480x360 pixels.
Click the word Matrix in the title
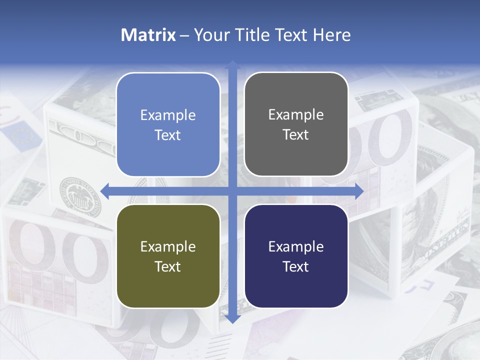point(148,35)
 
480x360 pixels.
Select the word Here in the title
point(331,35)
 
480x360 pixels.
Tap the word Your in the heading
point(210,35)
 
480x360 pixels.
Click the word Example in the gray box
point(296,114)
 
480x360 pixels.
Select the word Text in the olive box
point(168,266)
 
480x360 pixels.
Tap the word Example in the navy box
point(296,246)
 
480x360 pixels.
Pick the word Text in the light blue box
point(168,135)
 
